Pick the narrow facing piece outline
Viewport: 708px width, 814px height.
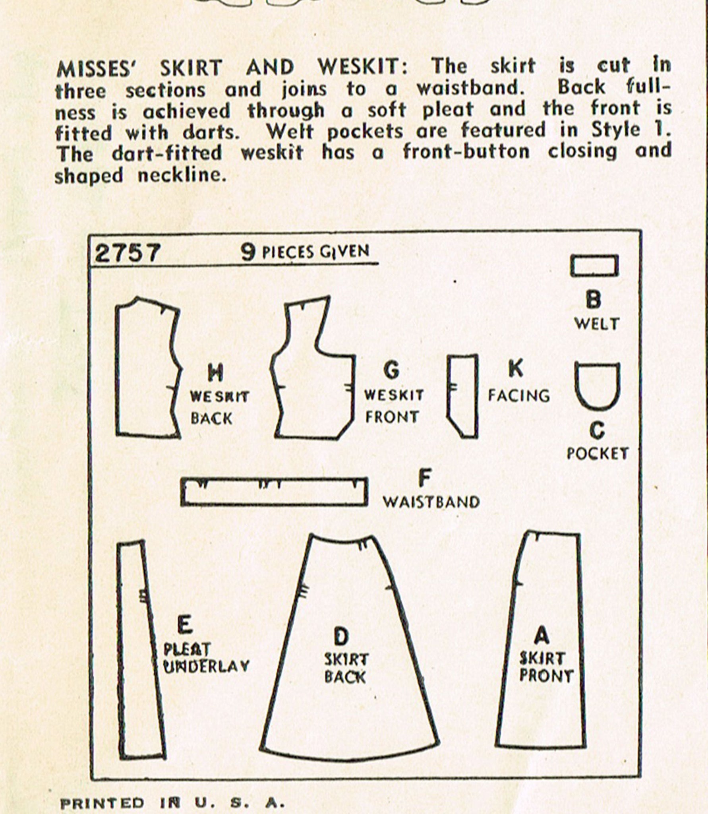tap(449, 393)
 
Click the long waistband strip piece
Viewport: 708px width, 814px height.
tap(274, 505)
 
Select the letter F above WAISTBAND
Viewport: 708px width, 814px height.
tap(424, 479)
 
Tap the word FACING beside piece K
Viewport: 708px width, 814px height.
tap(519, 395)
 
